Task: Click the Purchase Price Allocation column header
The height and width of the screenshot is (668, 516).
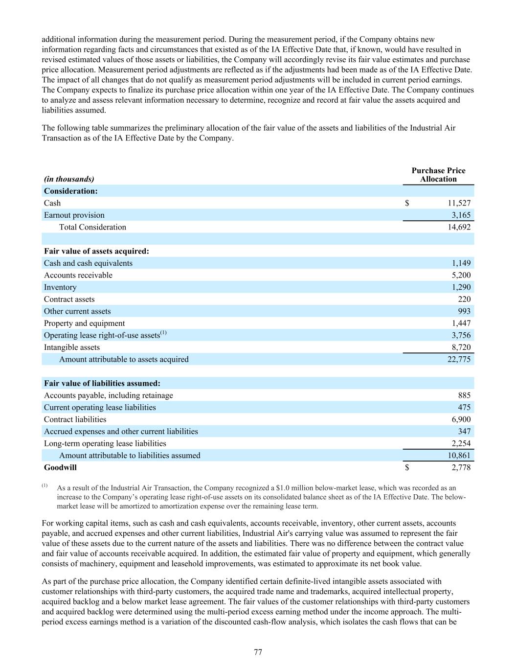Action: (438, 175)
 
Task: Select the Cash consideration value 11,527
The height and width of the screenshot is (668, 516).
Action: (459, 203)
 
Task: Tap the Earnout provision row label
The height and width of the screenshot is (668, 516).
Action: (74, 215)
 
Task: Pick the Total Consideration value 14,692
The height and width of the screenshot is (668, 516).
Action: (459, 227)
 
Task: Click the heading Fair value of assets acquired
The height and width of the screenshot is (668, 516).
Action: (96, 251)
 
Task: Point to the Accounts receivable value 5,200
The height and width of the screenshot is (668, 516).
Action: (461, 275)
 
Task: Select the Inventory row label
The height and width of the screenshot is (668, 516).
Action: (60, 287)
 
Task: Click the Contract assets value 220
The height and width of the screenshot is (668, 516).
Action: (464, 299)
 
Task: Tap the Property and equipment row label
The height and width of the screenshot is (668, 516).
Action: (84, 323)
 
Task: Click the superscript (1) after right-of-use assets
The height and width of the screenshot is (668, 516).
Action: (163, 333)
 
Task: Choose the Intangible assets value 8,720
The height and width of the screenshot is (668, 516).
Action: (461, 347)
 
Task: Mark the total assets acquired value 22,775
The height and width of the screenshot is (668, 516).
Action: (459, 359)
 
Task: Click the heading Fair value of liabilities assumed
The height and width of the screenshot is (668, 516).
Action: (102, 383)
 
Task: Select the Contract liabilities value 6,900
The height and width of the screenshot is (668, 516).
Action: (461, 419)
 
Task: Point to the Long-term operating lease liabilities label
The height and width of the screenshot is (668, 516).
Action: (105, 443)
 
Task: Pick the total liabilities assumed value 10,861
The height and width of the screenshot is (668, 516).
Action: (459, 456)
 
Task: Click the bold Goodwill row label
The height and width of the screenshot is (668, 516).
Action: (60, 467)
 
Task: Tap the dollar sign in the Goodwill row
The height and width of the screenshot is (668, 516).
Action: (407, 467)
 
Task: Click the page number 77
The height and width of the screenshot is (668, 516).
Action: (258, 652)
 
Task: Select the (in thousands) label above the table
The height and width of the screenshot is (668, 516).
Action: (69, 179)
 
